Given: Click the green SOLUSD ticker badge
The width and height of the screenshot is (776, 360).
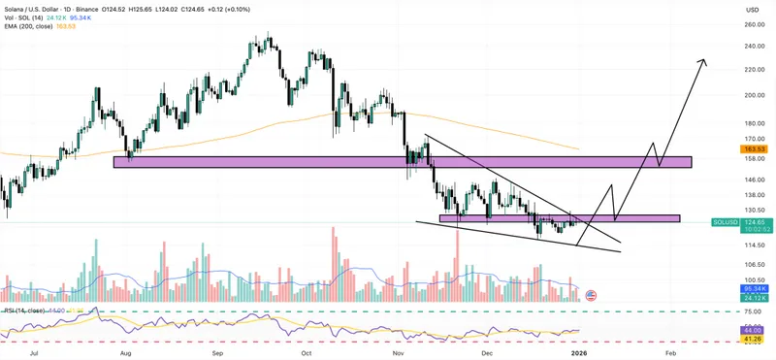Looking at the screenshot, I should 756,221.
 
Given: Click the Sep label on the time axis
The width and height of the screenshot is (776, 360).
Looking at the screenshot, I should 219,355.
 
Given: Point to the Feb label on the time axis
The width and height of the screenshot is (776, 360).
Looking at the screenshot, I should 670,355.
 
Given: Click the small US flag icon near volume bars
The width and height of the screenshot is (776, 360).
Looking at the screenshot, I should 591,295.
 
